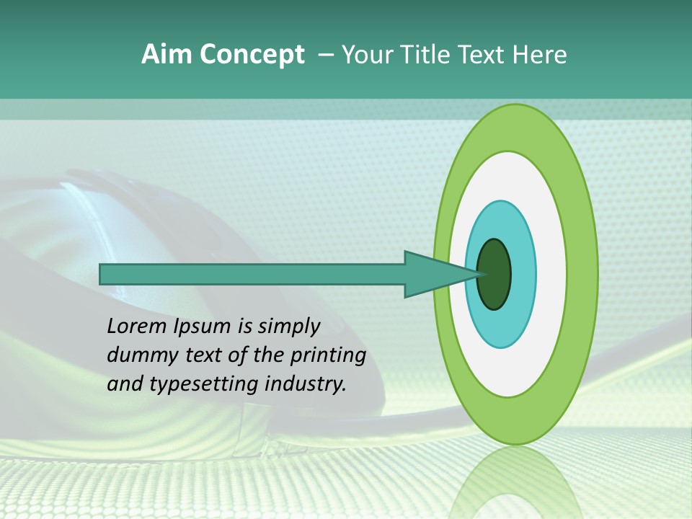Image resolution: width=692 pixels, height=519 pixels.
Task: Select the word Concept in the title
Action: (x=252, y=55)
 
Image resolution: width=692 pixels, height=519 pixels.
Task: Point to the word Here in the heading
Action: (x=540, y=55)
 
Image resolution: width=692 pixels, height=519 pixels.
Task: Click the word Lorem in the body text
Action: (x=136, y=327)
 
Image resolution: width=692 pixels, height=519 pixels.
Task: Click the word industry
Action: (x=302, y=385)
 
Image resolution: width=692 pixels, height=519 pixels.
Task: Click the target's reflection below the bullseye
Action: (x=515, y=483)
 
